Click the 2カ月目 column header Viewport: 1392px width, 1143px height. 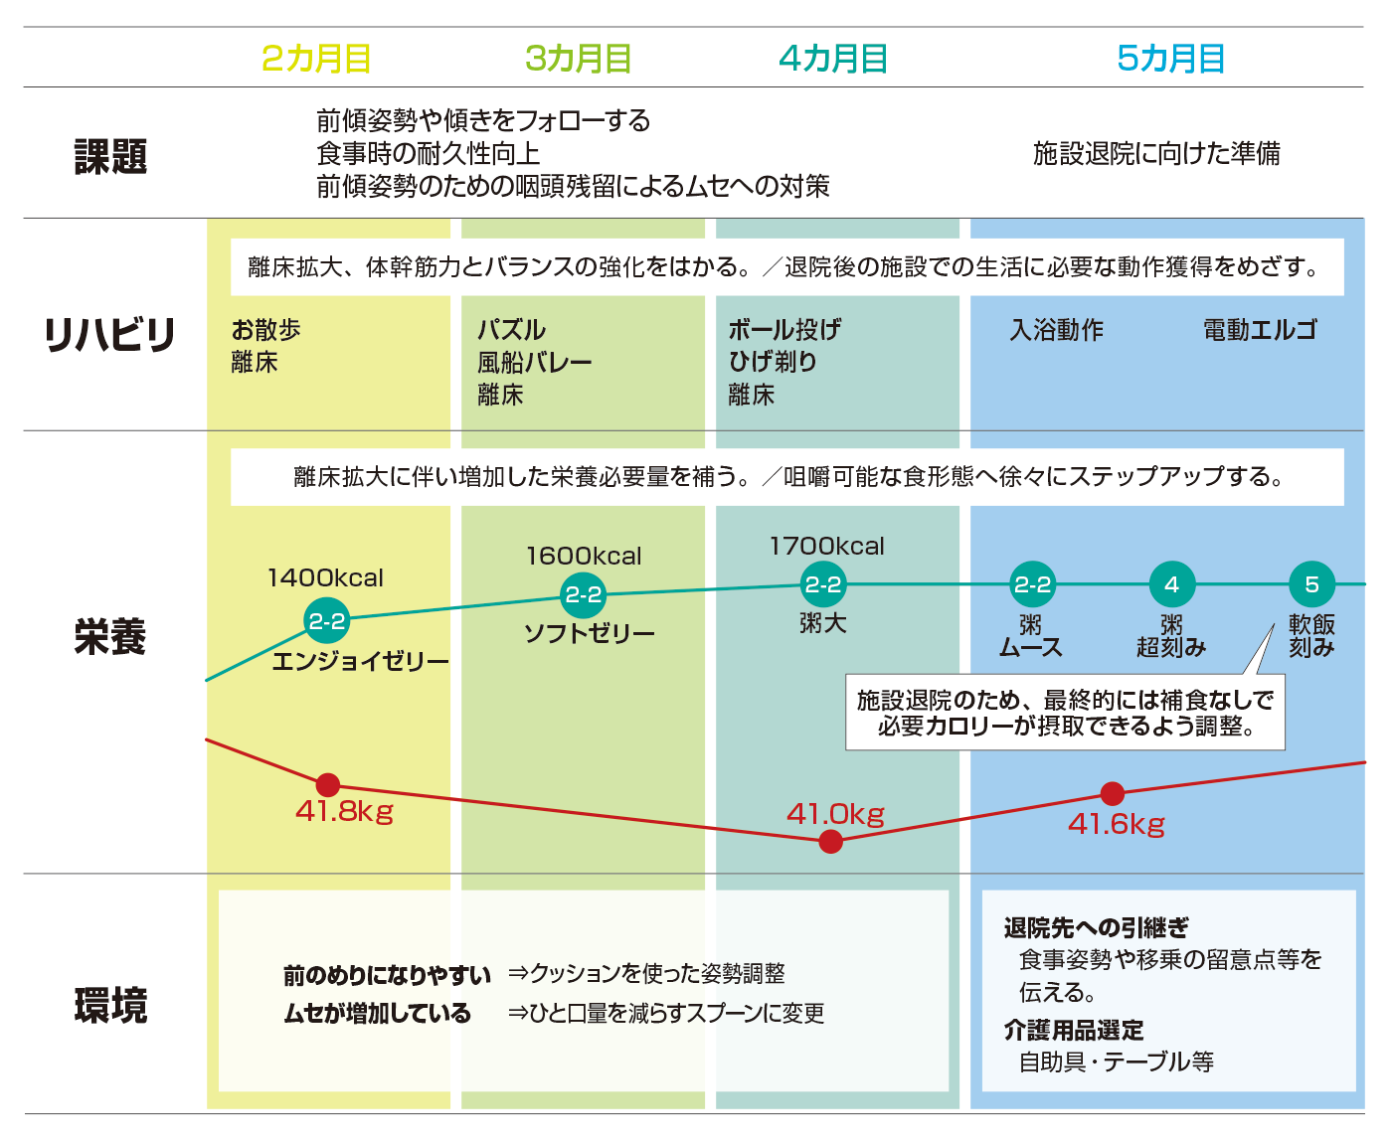point(316,58)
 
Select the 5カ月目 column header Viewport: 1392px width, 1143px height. point(1170,58)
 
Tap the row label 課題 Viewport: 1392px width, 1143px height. point(110,156)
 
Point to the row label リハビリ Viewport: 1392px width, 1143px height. point(109,334)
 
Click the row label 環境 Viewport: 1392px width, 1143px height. point(110,1005)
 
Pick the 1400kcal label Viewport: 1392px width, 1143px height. point(325,577)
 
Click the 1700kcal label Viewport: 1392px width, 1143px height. point(827,546)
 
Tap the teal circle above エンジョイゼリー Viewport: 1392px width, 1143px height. point(327,620)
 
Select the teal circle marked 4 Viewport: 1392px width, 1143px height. point(1171,584)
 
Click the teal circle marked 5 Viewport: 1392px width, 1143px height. point(1311,584)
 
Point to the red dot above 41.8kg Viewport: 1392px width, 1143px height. point(328,785)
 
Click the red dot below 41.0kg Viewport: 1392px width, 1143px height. point(830,842)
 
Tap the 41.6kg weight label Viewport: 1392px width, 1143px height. point(1117,824)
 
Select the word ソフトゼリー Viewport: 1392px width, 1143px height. point(589,633)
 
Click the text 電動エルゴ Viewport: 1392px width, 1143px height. point(1260,329)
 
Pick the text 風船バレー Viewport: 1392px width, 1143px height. point(535,363)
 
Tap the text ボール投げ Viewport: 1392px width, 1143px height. point(784,329)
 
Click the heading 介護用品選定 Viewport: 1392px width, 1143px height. point(1073,1030)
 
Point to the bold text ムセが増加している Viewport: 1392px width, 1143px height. point(378,1013)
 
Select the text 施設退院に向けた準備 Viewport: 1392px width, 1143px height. point(1156,153)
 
